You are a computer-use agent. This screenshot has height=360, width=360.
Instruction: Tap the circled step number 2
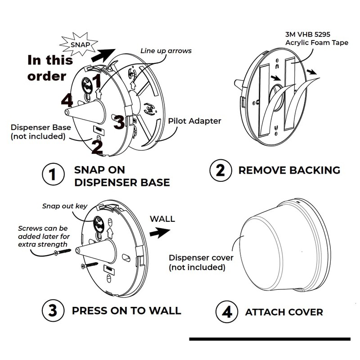click(220, 170)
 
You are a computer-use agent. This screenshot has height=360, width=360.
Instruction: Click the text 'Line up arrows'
click(166, 51)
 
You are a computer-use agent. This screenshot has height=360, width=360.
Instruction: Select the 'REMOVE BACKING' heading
click(289, 170)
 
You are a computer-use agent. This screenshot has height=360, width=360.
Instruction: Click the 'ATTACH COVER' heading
click(284, 312)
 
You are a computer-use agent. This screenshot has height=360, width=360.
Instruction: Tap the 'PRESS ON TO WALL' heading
click(126, 310)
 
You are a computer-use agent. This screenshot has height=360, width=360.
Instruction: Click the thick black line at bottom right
click(270, 338)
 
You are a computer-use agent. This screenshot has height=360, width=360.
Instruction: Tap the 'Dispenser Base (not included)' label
click(38, 131)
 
